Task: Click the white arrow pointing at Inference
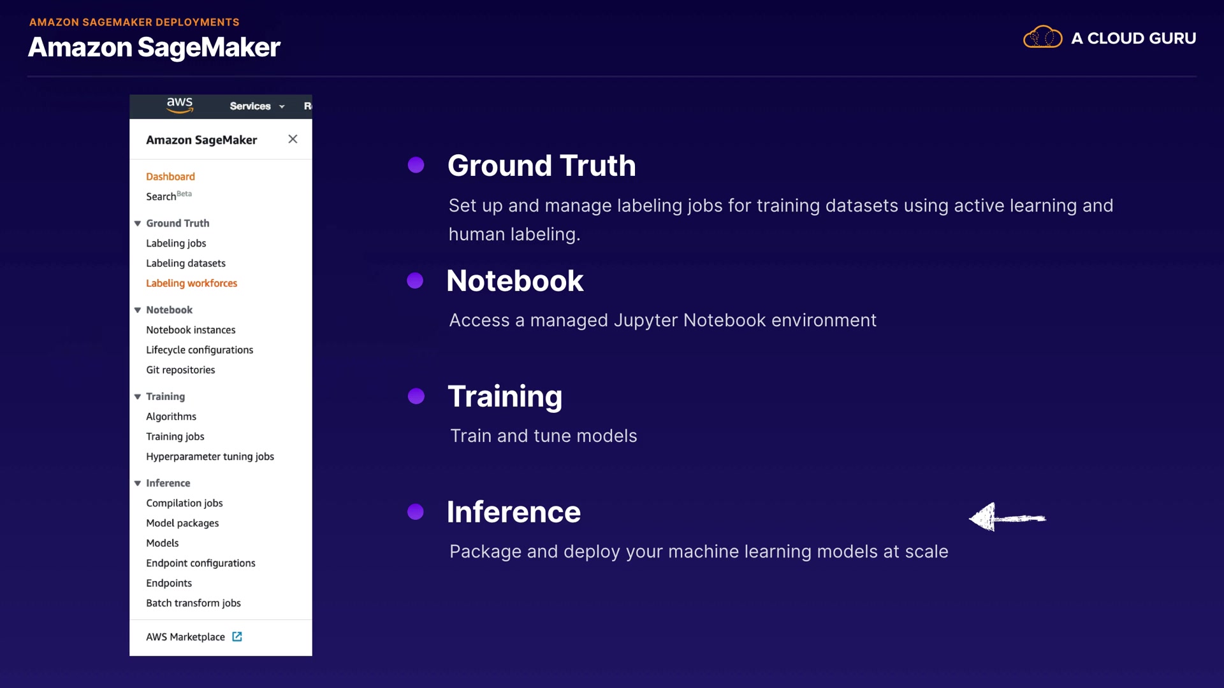click(1007, 517)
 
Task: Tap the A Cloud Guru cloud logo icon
click(1042, 38)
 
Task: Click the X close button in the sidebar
click(293, 139)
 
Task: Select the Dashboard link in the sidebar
click(170, 176)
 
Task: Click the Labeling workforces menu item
click(191, 283)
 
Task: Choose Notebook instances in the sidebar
click(191, 330)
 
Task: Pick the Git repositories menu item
click(180, 370)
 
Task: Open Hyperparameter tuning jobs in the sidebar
click(210, 457)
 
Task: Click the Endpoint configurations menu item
click(200, 563)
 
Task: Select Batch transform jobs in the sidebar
click(193, 603)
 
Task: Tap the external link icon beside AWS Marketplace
click(237, 636)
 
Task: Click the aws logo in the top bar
click(180, 105)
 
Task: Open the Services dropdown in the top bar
click(257, 106)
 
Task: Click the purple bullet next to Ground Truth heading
click(416, 165)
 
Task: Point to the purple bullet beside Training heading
click(416, 396)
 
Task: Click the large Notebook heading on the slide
click(515, 281)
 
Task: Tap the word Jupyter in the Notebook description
click(646, 320)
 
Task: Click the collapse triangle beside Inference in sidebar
click(137, 484)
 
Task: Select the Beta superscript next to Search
click(184, 194)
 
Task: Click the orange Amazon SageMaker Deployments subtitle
click(135, 22)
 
